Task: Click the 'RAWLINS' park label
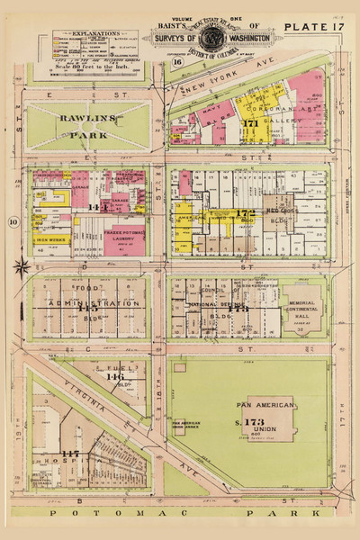(85, 117)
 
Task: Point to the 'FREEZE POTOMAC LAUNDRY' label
(123, 237)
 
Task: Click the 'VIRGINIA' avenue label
(77, 390)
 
